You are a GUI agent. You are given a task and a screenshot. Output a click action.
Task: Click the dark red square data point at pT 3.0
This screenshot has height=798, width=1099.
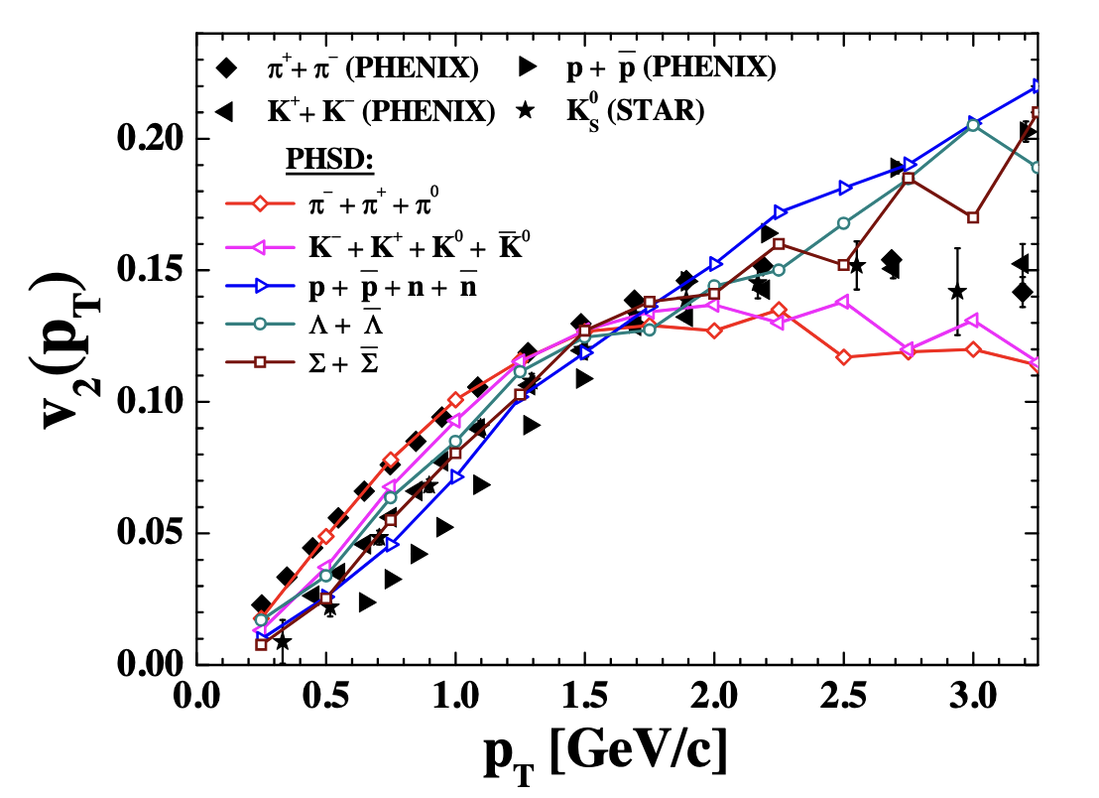click(x=973, y=217)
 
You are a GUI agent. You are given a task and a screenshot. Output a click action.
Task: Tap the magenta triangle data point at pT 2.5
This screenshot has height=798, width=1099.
click(x=844, y=302)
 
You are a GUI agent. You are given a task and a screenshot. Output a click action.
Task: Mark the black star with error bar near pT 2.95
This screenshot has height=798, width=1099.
click(x=957, y=292)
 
